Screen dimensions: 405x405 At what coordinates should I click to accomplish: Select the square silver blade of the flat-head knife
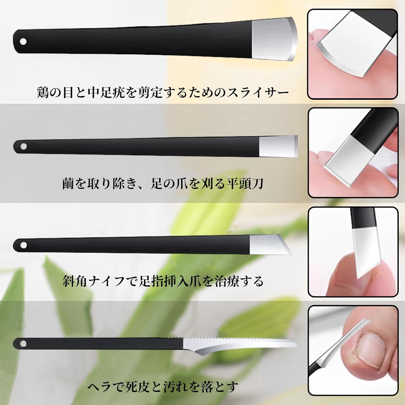click(x=278, y=146)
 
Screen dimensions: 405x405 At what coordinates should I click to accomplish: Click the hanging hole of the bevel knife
click(x=24, y=245)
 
